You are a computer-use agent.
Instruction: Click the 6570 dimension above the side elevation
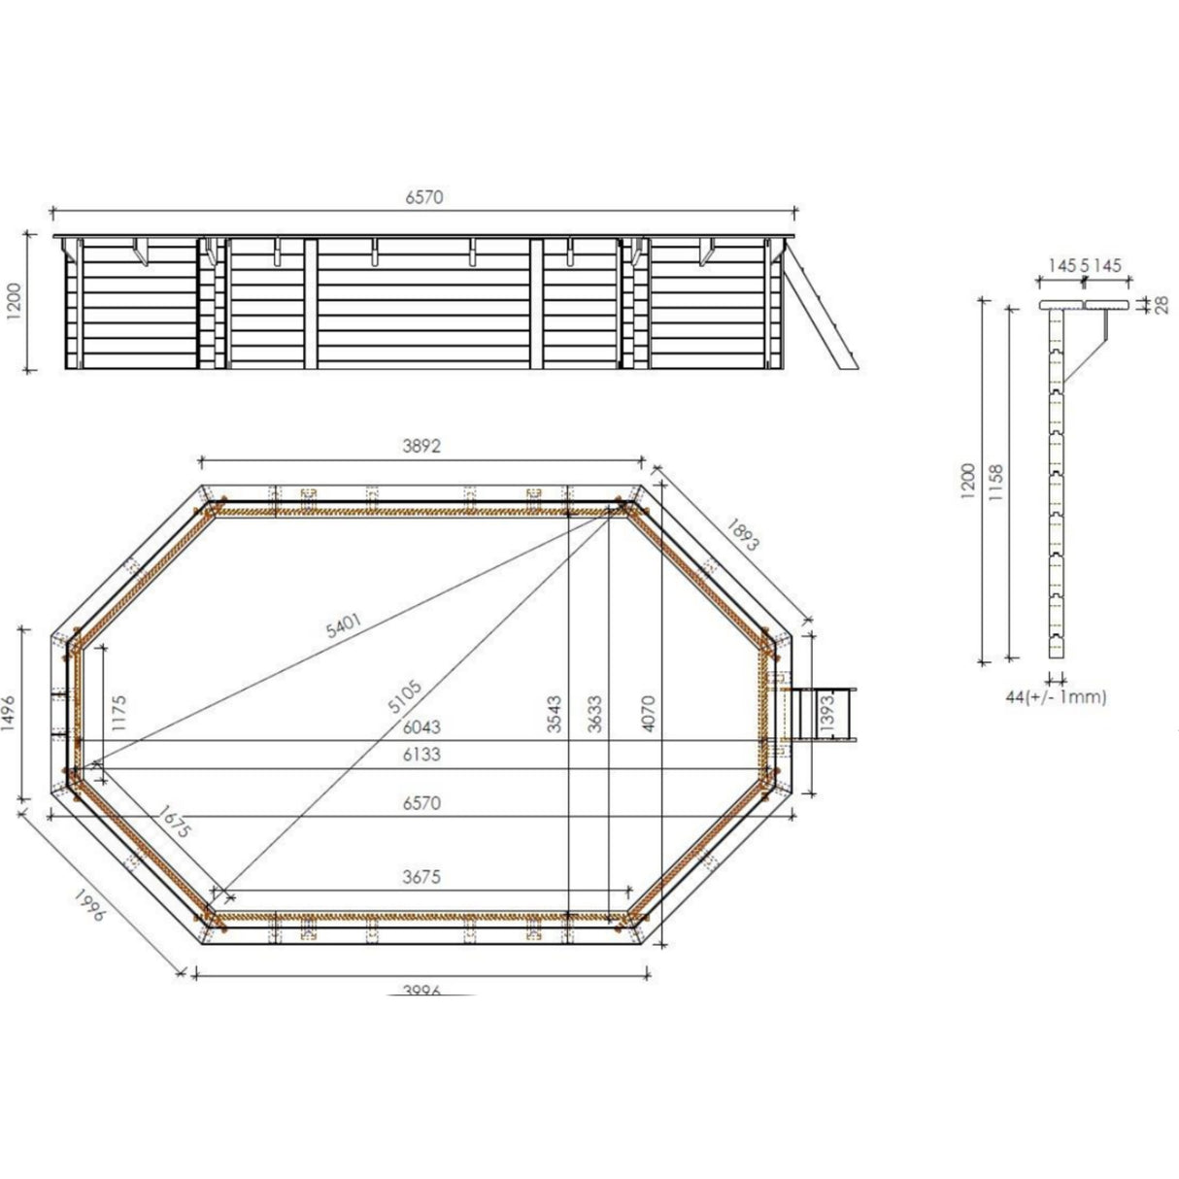(423, 196)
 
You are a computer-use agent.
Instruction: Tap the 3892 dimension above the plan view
(421, 447)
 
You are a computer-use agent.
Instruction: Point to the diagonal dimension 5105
(406, 696)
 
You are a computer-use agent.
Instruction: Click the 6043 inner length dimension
(421, 727)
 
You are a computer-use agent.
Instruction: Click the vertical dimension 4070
(649, 712)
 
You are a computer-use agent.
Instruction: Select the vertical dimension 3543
(555, 712)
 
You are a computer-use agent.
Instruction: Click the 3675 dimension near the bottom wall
(421, 876)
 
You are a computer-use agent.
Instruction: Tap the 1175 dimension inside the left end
(119, 712)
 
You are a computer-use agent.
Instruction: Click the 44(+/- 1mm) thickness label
(1057, 696)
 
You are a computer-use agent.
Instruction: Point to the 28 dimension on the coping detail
(1160, 305)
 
